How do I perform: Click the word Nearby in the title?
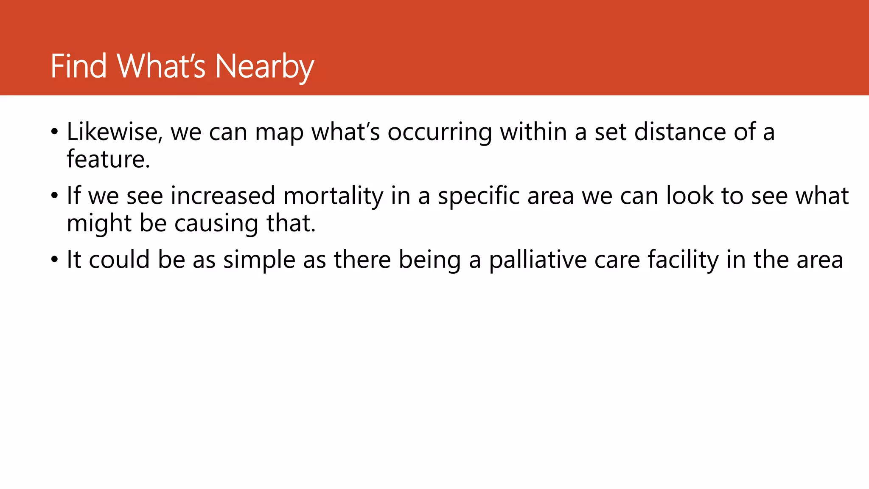point(264,67)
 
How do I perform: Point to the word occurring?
point(440,132)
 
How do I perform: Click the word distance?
point(680,132)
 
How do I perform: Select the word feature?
point(108,159)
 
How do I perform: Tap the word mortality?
point(334,196)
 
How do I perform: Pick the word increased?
point(223,196)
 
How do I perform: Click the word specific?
point(479,196)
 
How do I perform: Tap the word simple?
point(259,260)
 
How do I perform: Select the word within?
point(533,132)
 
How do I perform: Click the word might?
point(99,224)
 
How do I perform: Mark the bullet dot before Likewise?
point(54,132)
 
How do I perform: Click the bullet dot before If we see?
point(54,196)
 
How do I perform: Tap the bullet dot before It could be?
point(54,260)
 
